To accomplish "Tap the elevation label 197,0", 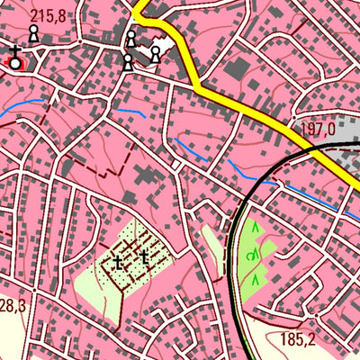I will pos(318,130).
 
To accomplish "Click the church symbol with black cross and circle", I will pos(15,60).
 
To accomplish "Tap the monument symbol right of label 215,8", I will pos(34,33).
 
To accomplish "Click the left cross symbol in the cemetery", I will pos(118,263).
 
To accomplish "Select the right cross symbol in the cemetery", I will pos(144,258).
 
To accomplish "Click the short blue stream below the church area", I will pos(130,112).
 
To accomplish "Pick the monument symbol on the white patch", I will pos(156,54).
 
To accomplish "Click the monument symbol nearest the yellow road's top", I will pos(131,39).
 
